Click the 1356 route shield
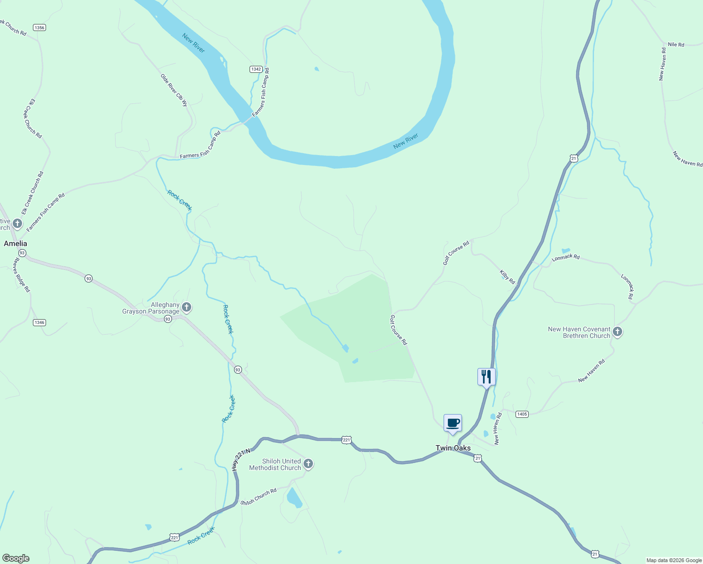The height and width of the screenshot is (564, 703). pos(39,28)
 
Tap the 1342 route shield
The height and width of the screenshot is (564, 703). pos(256,69)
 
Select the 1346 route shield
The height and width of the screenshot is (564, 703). pos(39,322)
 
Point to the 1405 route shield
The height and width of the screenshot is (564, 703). pos(522,414)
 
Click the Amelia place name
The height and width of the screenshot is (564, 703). pos(16,243)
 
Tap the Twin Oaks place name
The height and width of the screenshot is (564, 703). pos(453,448)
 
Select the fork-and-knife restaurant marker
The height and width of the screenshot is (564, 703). pos(486,377)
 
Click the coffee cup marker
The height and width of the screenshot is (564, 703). pos(453,423)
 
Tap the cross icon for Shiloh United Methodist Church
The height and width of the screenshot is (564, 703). pos(308,464)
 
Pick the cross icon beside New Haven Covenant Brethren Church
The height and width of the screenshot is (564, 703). pos(617,332)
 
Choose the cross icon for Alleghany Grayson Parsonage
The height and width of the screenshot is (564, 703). pos(187,308)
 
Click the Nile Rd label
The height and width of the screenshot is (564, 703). pos(676,45)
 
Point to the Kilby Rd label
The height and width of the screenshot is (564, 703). pos(508,277)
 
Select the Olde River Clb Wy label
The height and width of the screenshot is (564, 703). pos(174,90)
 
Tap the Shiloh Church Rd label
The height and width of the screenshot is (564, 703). pos(258,497)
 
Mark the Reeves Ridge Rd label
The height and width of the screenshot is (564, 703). pos(22,275)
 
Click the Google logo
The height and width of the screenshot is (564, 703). pos(16,558)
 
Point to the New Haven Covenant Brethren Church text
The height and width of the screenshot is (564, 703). pos(579,332)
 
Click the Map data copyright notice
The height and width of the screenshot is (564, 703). pos(674,560)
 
